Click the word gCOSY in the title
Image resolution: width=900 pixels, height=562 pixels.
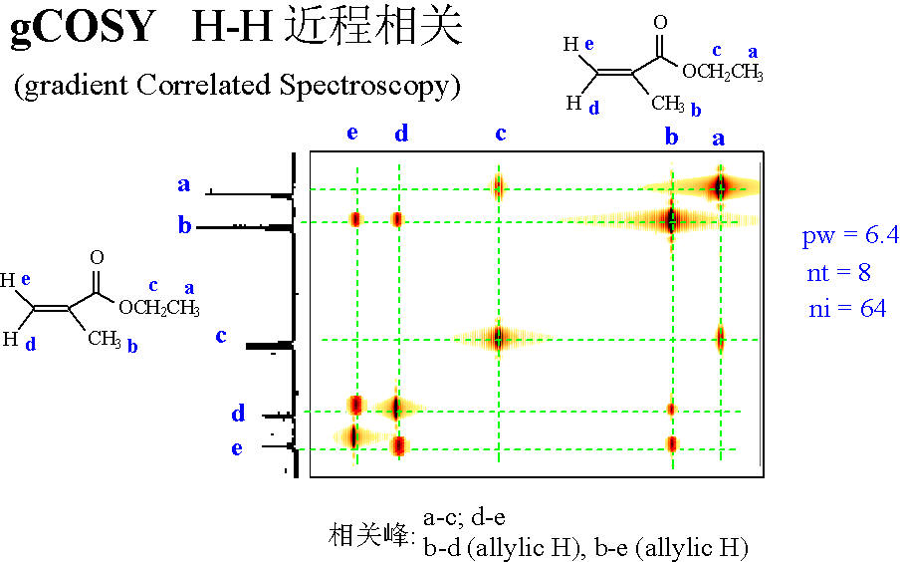[84, 27]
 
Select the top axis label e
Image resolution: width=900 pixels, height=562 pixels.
[352, 133]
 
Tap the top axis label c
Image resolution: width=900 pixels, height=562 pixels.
[501, 134]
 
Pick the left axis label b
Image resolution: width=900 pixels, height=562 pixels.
[184, 224]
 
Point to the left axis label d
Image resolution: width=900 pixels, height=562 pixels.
[238, 413]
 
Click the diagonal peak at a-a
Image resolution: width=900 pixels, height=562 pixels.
[721, 186]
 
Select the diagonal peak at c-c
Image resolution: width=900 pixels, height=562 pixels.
[498, 338]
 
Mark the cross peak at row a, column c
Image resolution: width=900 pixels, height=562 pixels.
[498, 186]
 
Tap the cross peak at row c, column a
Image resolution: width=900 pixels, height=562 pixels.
[721, 338]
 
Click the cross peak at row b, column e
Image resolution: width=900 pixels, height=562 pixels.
[355, 219]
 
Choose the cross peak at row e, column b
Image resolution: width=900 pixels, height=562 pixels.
[672, 444]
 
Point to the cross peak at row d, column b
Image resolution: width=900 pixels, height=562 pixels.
[671, 410]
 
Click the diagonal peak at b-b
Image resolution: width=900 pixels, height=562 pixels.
[671, 219]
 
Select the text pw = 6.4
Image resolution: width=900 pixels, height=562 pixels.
[850, 235]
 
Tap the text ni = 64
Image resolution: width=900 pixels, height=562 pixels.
[847, 309]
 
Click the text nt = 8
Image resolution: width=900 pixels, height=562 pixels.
[838, 272]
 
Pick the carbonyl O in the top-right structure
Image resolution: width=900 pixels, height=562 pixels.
[661, 22]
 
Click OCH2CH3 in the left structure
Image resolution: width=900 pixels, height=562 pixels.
[159, 308]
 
